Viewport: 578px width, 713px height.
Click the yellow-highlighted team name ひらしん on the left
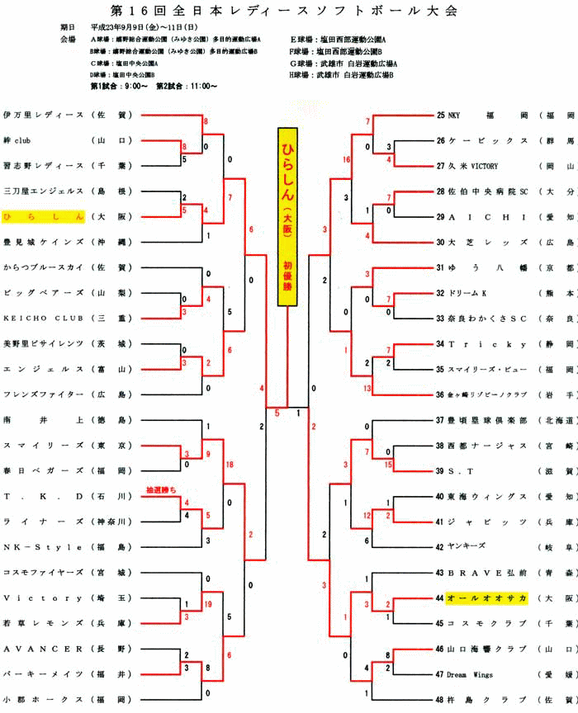pyautogui.click(x=44, y=216)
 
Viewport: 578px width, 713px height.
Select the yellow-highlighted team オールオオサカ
pyautogui.click(x=486, y=597)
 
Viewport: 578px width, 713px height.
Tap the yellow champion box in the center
pyautogui.click(x=287, y=216)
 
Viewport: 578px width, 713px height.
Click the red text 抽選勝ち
pyautogui.click(x=162, y=489)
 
